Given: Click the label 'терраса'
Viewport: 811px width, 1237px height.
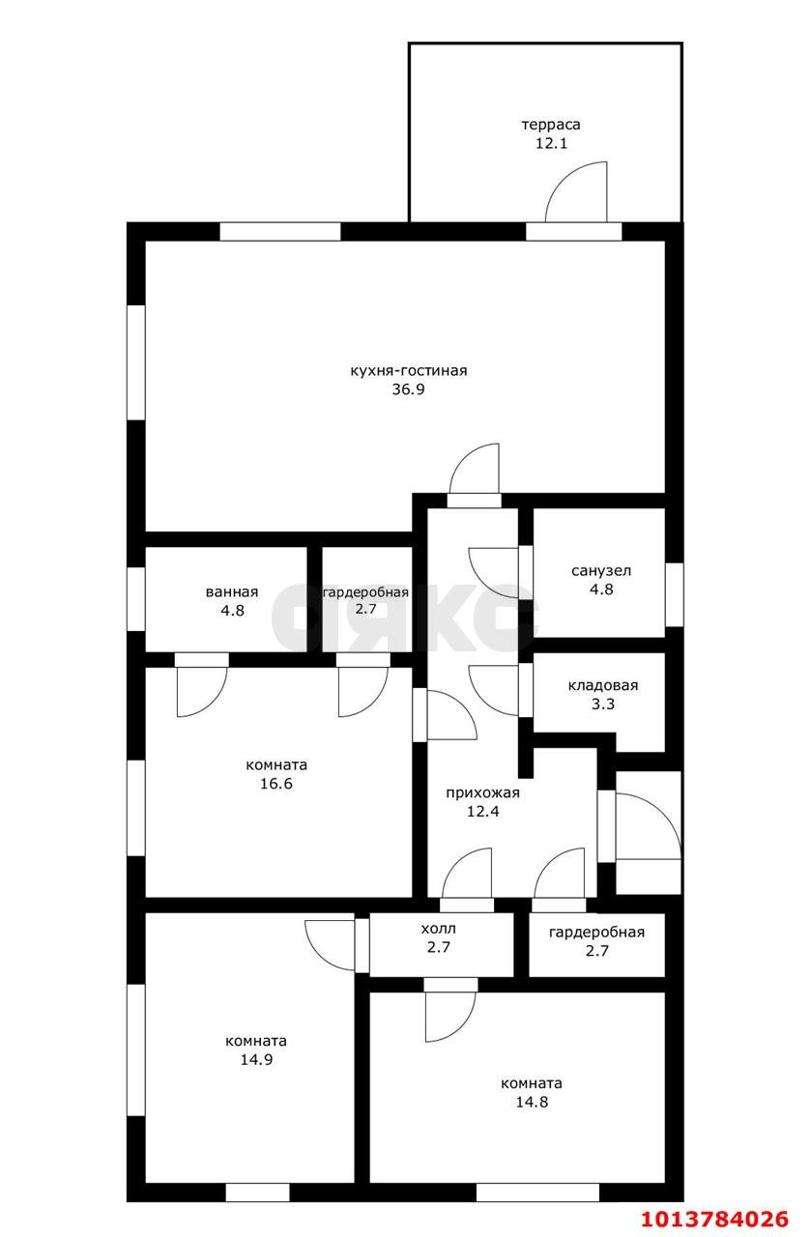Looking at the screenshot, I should coord(551,125).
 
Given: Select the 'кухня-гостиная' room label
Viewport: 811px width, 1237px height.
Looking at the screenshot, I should coord(409,370).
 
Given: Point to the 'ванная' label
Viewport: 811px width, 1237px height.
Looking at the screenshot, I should coord(232,592).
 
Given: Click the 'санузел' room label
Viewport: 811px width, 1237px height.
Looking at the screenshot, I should coord(601,570).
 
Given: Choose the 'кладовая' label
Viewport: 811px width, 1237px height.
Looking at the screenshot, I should coord(603,685).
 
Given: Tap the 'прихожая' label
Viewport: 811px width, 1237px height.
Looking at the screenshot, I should coord(482,793).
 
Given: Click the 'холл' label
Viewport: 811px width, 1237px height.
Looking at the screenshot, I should coord(439,929).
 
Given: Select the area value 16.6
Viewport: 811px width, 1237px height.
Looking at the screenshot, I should coord(275,784).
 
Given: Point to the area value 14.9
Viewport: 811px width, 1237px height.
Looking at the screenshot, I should coord(255,1059).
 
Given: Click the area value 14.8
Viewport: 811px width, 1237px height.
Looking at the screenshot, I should coord(532,1102).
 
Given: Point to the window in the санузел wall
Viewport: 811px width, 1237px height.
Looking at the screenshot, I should coord(674,593).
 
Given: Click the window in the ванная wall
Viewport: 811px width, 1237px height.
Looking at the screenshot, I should coord(136,599).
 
